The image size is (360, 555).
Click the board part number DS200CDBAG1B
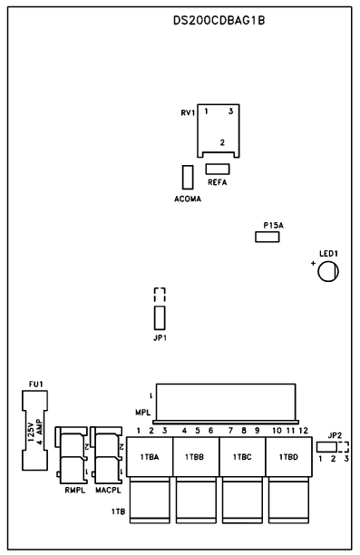click(x=219, y=21)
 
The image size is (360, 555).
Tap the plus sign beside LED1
click(x=313, y=263)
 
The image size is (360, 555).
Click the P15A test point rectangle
click(x=268, y=237)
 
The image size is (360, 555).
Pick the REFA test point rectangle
click(x=218, y=169)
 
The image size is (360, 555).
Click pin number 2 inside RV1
click(x=222, y=142)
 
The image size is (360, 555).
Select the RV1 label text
click(x=188, y=113)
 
